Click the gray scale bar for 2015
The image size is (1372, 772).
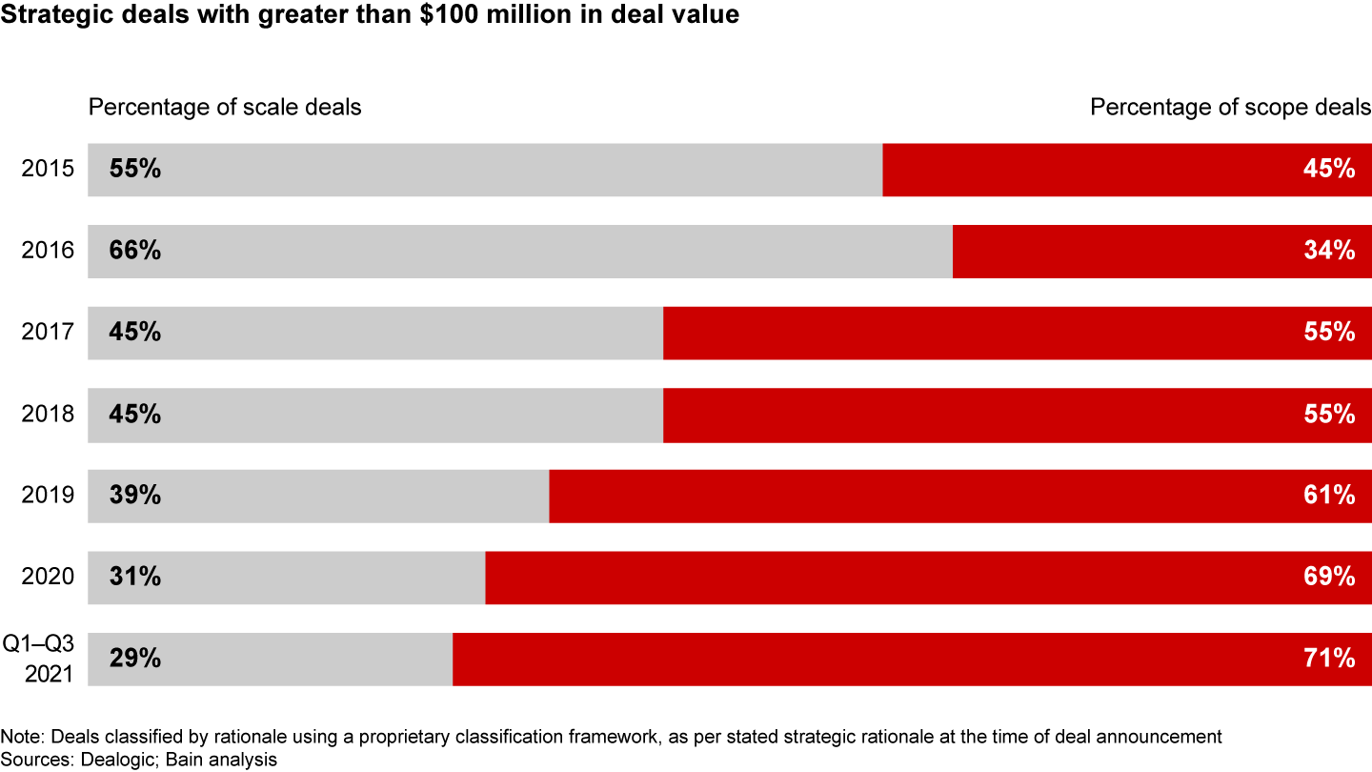(486, 170)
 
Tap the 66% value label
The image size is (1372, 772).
(135, 252)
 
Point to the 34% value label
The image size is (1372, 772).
(1329, 252)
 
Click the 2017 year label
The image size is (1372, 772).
(48, 334)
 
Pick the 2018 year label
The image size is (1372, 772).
(48, 415)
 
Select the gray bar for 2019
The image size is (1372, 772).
(319, 497)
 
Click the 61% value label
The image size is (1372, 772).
(1329, 497)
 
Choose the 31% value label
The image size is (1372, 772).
(135, 578)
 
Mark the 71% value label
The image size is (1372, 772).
(1329, 660)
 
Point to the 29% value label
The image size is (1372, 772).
(135, 660)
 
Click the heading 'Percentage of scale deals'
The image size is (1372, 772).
(225, 107)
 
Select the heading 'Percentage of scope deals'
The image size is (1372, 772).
(1231, 107)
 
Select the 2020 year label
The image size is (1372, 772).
(48, 578)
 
